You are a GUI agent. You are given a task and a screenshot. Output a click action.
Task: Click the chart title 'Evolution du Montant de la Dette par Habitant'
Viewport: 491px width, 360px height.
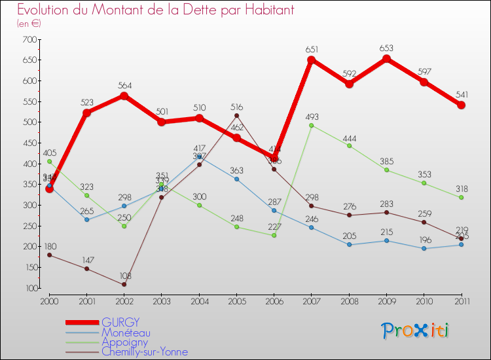coord(155,10)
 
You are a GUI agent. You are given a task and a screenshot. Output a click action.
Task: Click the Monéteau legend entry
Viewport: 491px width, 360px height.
coord(125,332)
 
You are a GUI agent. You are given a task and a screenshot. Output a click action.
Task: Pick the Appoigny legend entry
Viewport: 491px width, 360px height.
coord(124,342)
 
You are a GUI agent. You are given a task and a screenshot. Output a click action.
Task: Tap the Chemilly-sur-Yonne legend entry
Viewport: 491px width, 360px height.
coord(144,351)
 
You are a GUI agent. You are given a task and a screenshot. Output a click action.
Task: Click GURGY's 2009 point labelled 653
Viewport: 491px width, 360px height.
coord(386,58)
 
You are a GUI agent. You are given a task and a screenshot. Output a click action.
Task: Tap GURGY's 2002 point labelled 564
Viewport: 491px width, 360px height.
coord(124,96)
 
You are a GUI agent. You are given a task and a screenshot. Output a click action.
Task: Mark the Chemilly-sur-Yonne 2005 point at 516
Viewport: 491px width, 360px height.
coord(236,115)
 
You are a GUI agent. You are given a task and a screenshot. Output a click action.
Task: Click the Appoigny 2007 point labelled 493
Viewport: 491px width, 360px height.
coord(311,125)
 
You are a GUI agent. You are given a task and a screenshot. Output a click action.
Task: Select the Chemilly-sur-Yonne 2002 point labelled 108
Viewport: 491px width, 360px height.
coord(124,284)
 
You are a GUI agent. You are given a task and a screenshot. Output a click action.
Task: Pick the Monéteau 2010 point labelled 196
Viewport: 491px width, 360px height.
coord(424,248)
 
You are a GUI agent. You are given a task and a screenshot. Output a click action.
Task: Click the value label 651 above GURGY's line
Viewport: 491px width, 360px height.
coord(312,49)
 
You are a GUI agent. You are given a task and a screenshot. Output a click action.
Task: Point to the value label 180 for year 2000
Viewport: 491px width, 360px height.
coord(50,246)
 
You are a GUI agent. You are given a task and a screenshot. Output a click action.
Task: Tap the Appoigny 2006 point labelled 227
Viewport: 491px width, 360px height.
coord(274,235)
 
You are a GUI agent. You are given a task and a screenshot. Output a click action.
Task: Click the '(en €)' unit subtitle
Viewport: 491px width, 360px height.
coord(29,24)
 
